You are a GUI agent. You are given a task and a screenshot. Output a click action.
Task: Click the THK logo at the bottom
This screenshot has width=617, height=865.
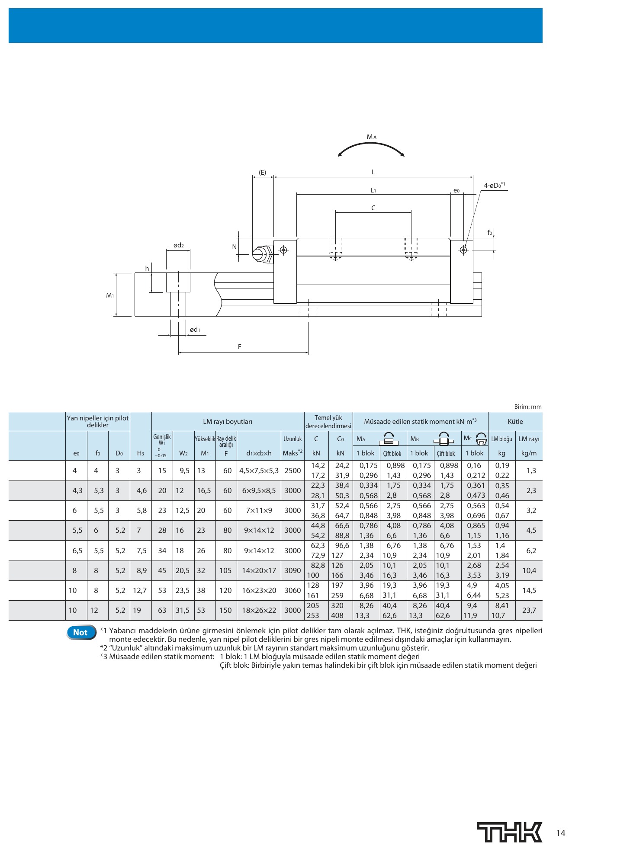coord(510,832)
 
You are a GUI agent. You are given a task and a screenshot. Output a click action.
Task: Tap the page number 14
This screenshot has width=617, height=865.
coord(561,833)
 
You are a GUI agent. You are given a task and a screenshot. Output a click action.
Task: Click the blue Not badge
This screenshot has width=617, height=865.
coord(80,632)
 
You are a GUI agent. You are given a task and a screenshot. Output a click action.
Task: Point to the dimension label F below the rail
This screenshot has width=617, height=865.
coord(240,346)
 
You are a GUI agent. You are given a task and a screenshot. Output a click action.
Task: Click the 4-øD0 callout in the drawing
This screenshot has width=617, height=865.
coord(495,185)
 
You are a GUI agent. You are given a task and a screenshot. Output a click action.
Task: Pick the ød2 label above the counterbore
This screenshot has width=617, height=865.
coord(178,245)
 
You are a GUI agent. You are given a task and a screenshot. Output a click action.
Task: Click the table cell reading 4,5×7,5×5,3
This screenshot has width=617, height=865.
coord(259,471)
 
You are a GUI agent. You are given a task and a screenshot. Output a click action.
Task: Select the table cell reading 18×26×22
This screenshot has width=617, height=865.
coord(259,610)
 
